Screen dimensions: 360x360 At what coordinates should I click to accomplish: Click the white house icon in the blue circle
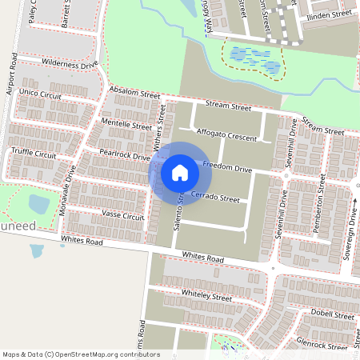click(180, 172)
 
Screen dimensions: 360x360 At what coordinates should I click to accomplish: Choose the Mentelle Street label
click(127, 124)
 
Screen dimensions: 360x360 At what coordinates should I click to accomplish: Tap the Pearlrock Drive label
click(125, 154)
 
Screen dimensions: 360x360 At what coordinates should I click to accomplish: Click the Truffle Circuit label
click(34, 154)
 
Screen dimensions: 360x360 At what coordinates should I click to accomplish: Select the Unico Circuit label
click(40, 94)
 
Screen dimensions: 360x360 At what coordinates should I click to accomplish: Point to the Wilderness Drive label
click(70, 64)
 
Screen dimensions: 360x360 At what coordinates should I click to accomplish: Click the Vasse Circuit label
click(123, 215)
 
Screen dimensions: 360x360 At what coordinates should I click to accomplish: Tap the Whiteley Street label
click(206, 295)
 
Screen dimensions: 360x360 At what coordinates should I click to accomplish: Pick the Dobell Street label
click(334, 316)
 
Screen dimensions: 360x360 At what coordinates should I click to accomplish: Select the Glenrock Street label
click(324, 345)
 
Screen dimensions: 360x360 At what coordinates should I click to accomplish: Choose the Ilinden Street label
click(330, 14)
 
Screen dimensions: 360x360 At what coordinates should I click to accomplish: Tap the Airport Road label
click(11, 77)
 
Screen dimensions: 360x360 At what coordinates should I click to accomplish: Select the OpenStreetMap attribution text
click(81, 354)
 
